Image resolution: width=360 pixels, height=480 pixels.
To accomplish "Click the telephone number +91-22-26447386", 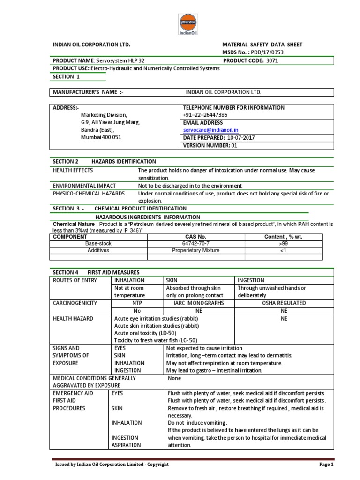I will (x=205, y=115).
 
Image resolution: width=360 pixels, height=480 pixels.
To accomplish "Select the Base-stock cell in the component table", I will (x=98, y=244).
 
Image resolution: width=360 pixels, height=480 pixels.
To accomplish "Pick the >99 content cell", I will (x=284, y=244).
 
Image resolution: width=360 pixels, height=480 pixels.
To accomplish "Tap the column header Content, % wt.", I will (x=284, y=237).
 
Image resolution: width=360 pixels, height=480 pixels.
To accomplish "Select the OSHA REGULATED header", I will (x=284, y=303).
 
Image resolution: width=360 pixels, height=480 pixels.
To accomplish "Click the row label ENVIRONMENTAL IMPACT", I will (x=85, y=186).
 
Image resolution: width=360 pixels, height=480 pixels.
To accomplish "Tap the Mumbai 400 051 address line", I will (x=101, y=137).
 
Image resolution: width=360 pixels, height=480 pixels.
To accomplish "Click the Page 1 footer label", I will (x=326, y=465).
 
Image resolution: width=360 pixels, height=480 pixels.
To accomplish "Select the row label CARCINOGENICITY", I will (x=75, y=303).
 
